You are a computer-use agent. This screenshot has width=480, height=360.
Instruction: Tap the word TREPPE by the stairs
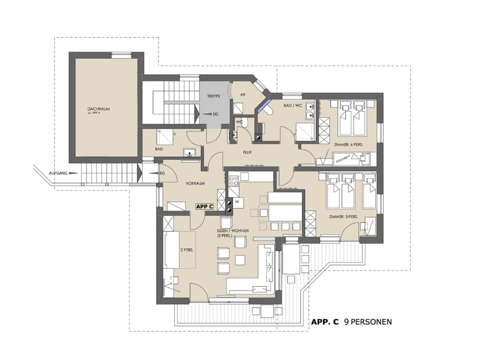214,95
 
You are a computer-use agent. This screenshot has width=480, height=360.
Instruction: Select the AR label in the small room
242,94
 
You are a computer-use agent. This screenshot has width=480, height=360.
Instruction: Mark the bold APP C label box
204,206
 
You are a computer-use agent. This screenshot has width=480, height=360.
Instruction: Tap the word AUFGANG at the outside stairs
58,173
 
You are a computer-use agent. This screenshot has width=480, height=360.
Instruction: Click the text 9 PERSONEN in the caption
368,322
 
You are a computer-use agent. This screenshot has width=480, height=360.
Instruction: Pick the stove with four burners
233,180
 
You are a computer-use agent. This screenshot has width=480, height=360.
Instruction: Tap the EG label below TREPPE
215,114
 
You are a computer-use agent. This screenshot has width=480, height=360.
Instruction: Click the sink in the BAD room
189,152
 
